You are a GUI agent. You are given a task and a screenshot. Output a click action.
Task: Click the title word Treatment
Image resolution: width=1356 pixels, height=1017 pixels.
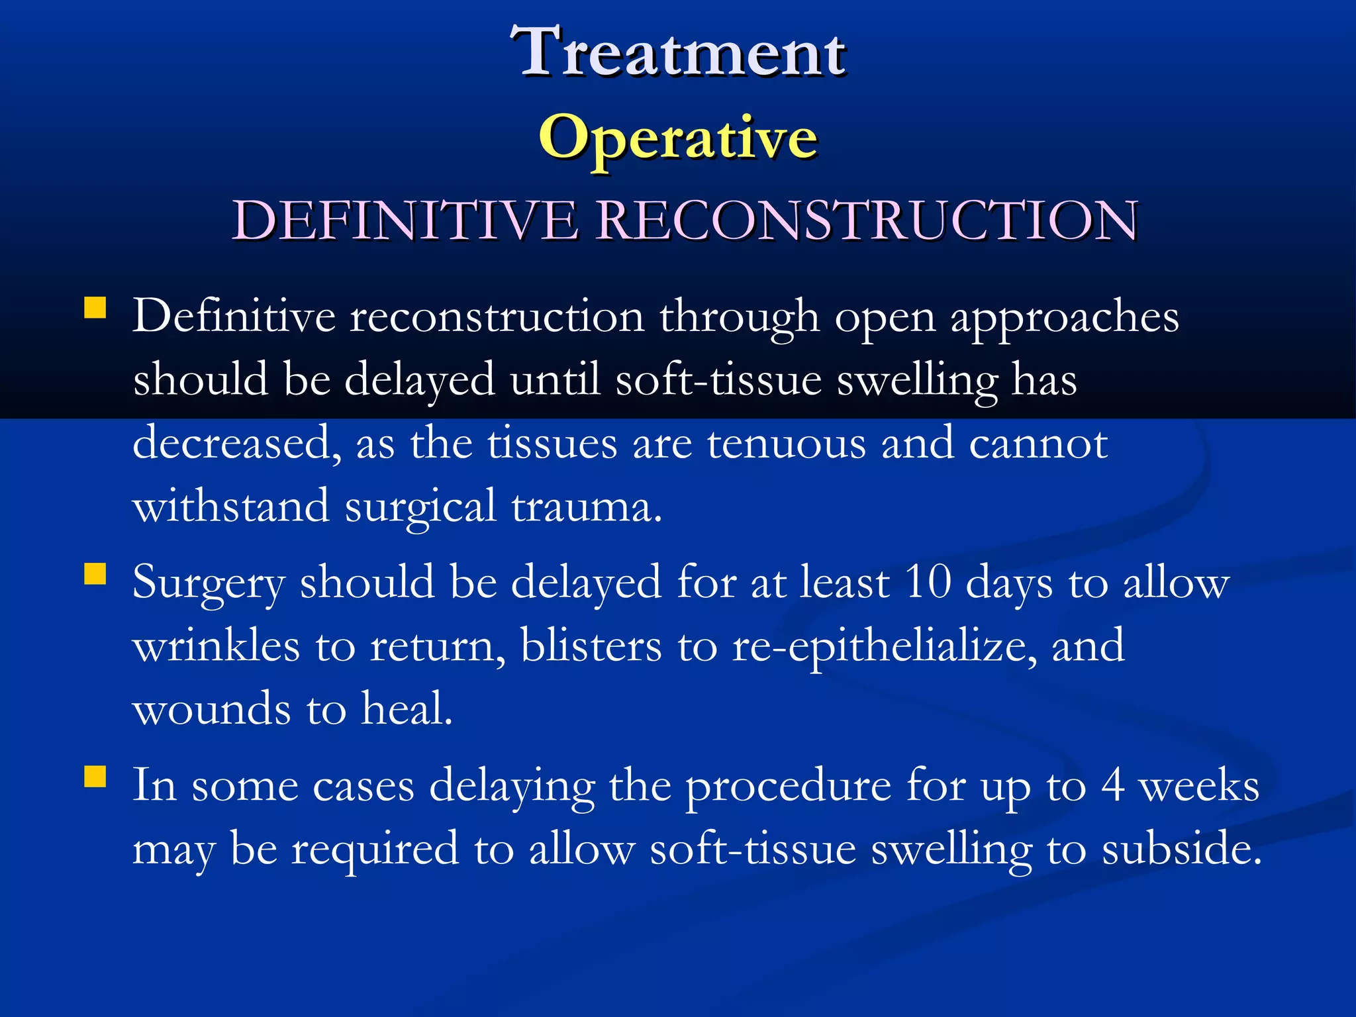coord(678,52)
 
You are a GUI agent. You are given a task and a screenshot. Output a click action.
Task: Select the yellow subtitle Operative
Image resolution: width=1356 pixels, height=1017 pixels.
coord(678,137)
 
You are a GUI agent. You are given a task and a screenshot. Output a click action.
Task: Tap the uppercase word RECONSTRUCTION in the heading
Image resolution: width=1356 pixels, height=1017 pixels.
coord(867,220)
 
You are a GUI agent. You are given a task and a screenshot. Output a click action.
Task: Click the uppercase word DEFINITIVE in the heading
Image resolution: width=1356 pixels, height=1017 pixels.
coord(405,220)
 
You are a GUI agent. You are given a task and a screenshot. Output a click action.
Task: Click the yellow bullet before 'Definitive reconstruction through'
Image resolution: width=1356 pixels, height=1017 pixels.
coord(95,309)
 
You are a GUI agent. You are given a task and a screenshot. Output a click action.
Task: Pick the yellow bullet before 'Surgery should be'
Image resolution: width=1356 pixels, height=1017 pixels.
coord(95,575)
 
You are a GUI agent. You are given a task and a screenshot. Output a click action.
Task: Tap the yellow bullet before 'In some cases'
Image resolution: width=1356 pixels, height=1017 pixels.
coord(95,776)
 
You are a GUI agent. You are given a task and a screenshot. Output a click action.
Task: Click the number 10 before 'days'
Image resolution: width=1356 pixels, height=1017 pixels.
coord(927,583)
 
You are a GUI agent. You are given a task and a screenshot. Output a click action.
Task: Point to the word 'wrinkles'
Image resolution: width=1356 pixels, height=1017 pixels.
coord(217,646)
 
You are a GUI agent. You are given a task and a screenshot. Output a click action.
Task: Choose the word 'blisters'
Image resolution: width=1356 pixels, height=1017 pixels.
coord(591,646)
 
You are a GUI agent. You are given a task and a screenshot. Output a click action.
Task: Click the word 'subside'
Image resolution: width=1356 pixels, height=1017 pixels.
coord(1181,849)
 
